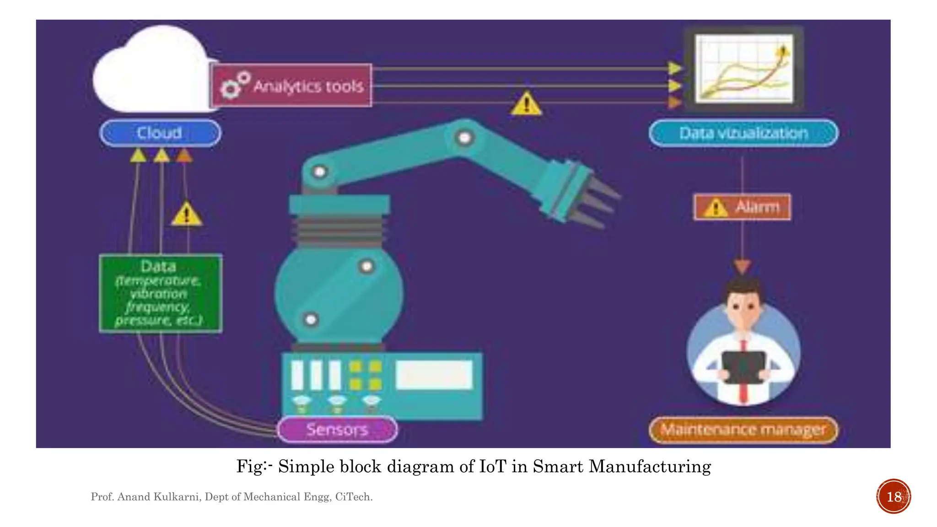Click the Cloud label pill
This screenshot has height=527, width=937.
point(160,133)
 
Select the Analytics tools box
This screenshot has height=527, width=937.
point(291,86)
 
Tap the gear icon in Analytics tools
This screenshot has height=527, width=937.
point(231,88)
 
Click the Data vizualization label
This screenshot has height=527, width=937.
point(743,133)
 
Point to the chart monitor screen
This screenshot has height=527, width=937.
point(744,69)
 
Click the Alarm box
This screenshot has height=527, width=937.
point(742,207)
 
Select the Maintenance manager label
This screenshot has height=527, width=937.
point(743,430)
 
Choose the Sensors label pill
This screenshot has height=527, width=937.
point(337,429)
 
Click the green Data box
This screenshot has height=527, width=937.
point(160,293)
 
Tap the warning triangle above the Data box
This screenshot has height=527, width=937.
point(186,214)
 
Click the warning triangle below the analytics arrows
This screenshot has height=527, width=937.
point(526,104)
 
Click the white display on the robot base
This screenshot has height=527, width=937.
point(434,375)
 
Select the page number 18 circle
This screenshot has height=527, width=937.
point(894,496)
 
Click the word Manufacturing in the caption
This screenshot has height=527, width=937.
point(649,467)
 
